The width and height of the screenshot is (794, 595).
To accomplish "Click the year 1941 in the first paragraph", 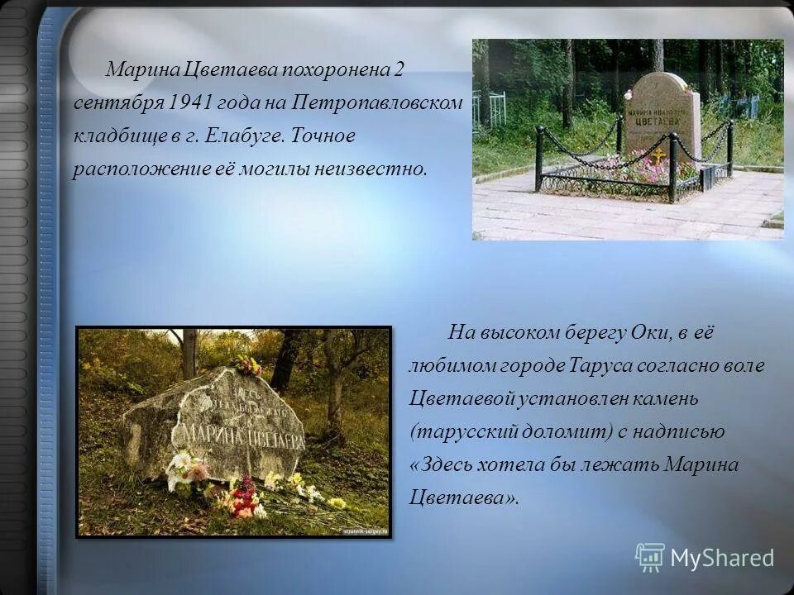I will pos(191,102).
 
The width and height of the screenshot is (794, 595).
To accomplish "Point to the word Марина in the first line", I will pos(136,69).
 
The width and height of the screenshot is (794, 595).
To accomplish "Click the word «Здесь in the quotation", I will pos(438,465).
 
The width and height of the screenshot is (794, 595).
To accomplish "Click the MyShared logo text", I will pos(721,558).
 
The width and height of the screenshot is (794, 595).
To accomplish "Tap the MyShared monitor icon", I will pos(650,558).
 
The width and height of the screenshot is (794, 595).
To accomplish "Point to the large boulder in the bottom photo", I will pos(215,421).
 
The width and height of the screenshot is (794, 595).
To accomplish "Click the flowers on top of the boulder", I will pos(247,364).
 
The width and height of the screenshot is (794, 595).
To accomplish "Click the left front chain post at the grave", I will pos(539,159).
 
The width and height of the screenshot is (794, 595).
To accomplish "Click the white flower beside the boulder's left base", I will pos(180,462).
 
